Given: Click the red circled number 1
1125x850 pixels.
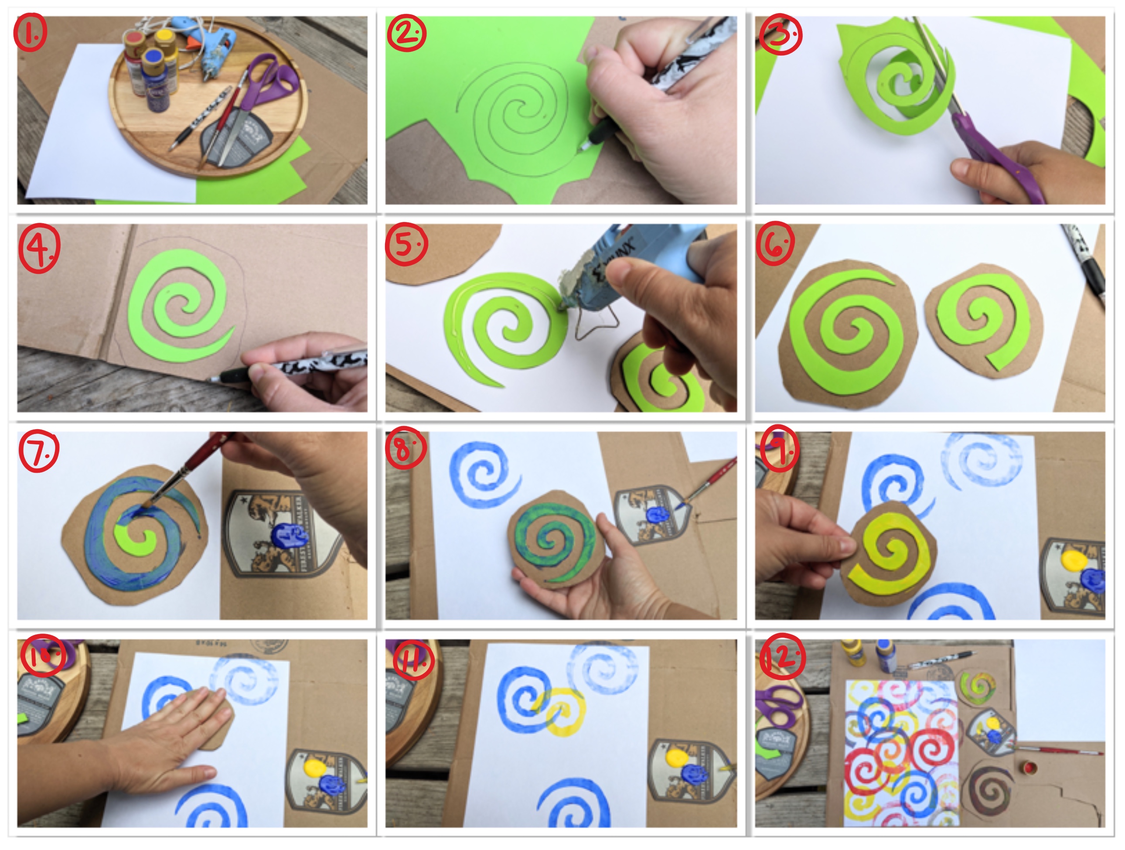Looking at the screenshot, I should [x=31, y=34].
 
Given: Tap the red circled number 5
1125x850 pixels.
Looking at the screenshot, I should [x=406, y=244].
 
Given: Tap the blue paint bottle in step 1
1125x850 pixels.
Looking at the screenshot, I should [x=157, y=82].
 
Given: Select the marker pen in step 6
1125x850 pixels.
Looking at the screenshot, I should [x=1086, y=265].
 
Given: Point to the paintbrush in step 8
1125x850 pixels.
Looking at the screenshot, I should [x=709, y=481].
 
